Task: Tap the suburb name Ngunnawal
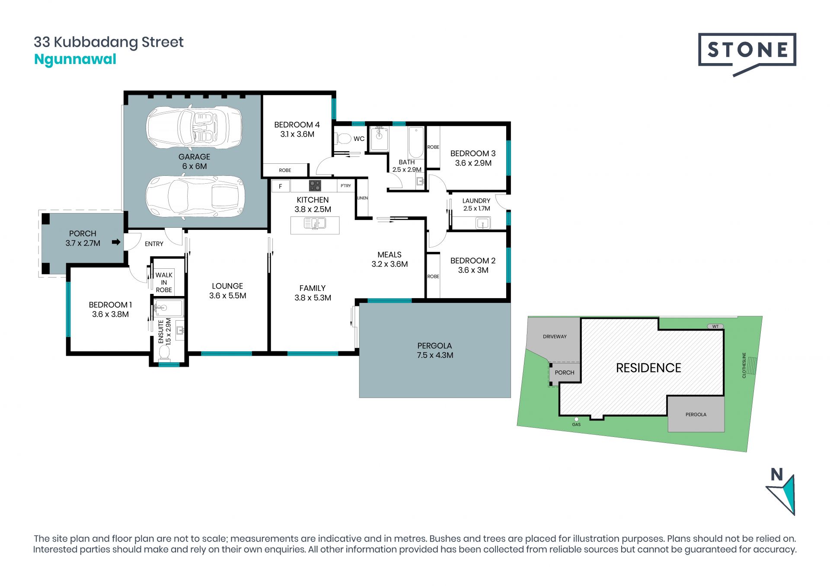coord(75,59)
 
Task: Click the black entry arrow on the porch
coord(116,242)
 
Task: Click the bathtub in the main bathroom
coord(416,143)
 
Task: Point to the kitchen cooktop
coord(315,186)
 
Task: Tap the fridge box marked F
coord(281,186)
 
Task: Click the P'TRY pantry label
coord(346,186)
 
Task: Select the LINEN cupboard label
coord(362,198)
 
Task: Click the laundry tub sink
coord(482,223)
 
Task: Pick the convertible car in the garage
coord(195,127)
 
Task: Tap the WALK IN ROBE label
coord(164,282)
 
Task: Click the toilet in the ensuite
coord(165,353)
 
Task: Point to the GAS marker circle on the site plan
coord(576,419)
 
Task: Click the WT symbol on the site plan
coord(715,326)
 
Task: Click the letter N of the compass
coord(777,475)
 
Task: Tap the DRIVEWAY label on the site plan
coord(555,337)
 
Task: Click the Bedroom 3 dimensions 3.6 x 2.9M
coord(473,163)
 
